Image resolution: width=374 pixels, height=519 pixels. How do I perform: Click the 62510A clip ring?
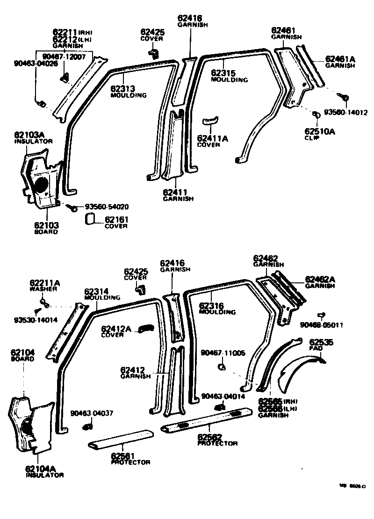(316, 115)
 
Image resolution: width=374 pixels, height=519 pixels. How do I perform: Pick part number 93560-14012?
(346, 113)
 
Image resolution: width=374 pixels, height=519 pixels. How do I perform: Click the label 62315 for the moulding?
(223, 73)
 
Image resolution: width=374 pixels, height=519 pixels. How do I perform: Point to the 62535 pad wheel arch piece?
(299, 369)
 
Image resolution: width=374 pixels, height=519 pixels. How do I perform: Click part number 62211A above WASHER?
(45, 283)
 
